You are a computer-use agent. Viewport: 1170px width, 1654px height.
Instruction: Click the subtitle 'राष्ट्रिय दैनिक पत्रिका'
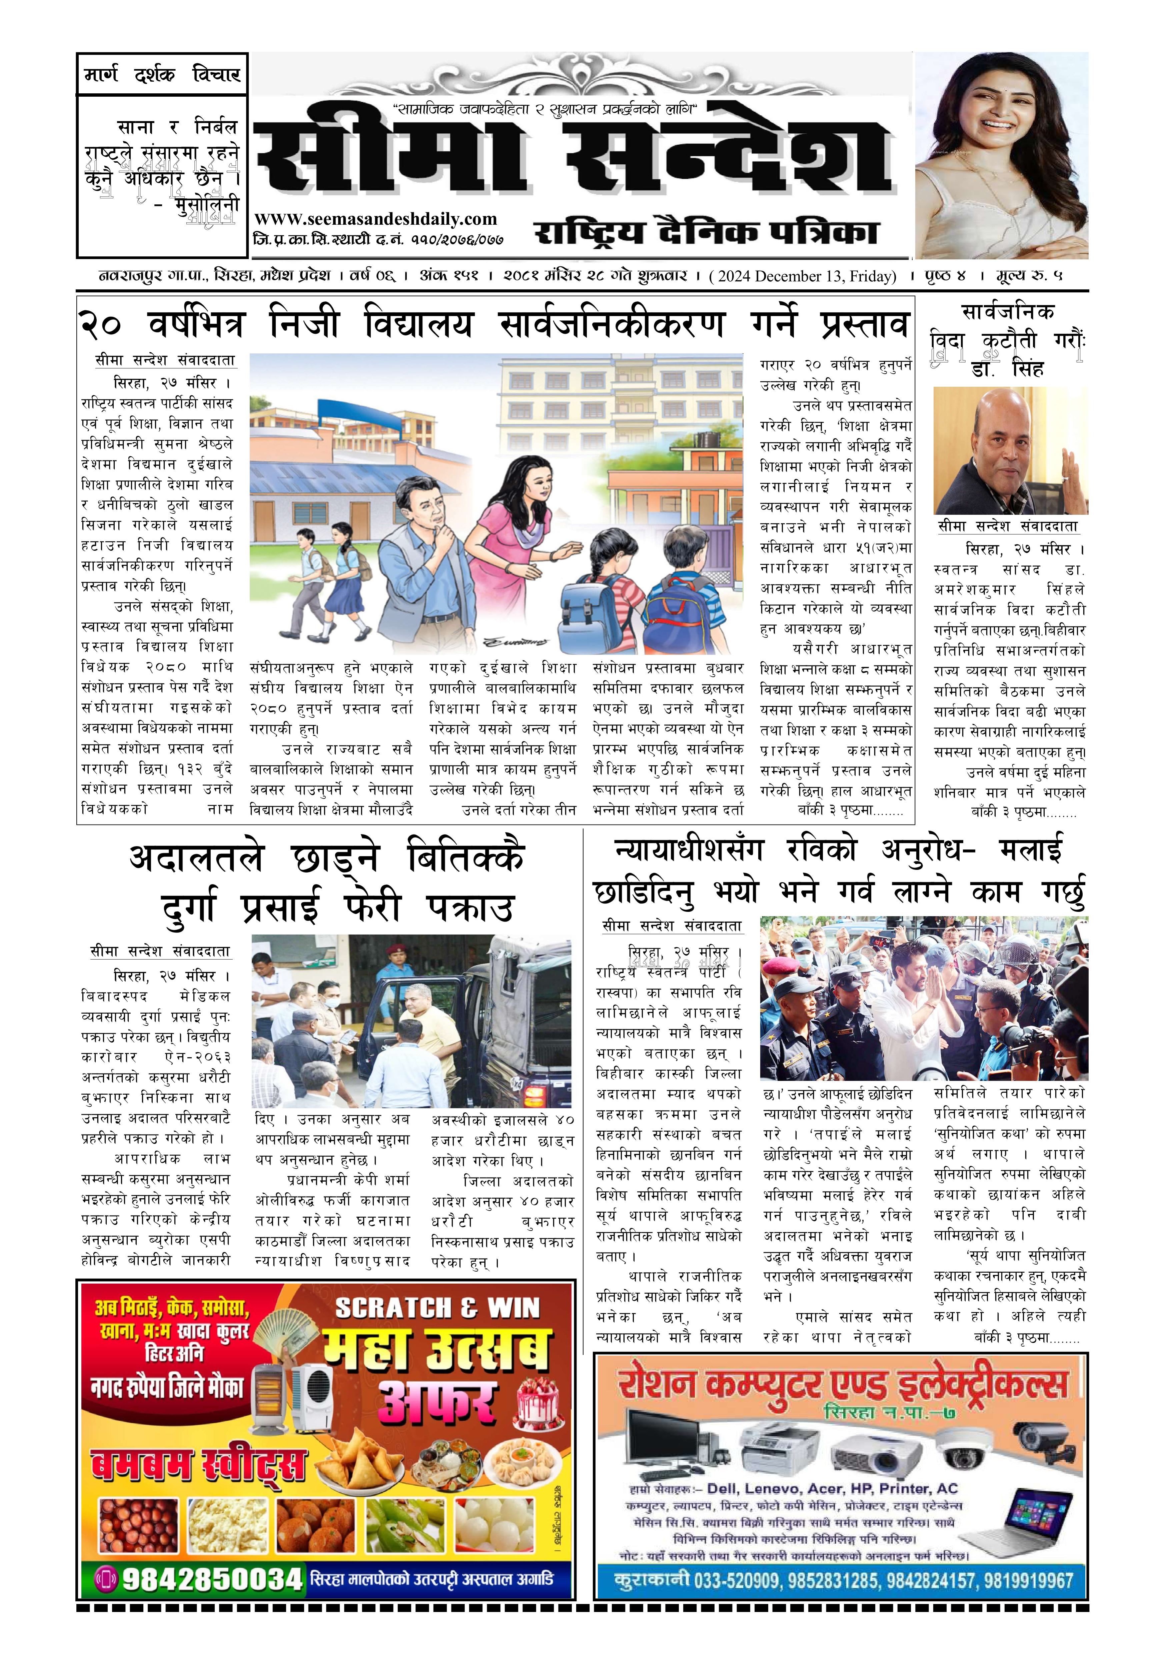click(706, 232)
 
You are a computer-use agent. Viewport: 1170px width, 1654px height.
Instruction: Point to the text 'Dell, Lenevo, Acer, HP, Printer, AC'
click(832, 1488)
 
